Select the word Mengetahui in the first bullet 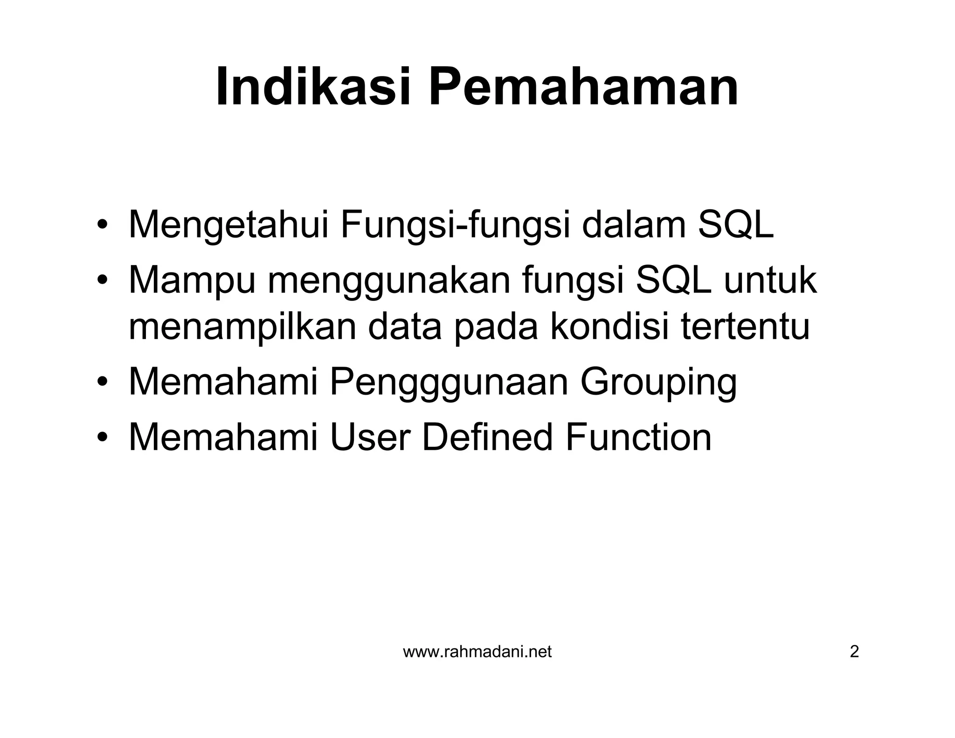coord(228,225)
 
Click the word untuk coord(770,280)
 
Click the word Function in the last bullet coord(638,437)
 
